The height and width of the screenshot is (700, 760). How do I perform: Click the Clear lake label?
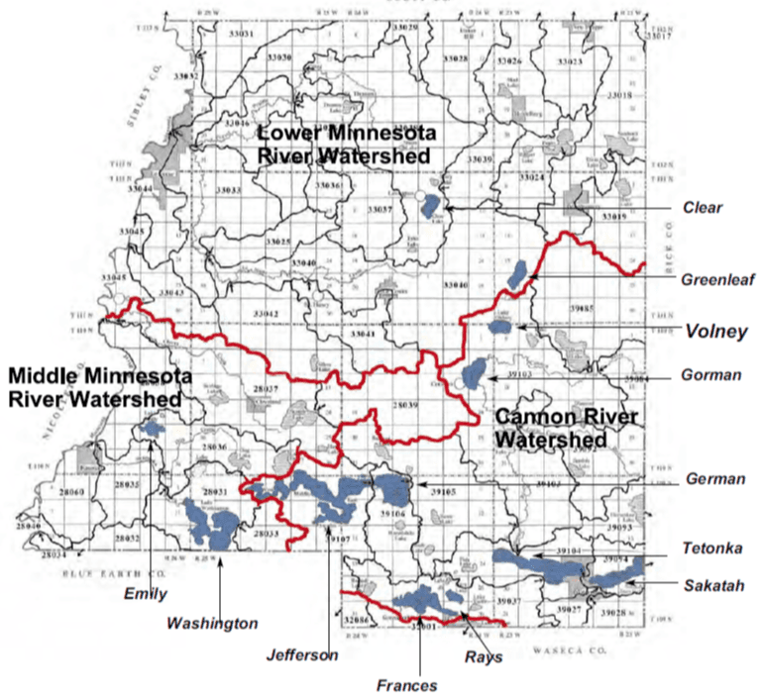click(703, 208)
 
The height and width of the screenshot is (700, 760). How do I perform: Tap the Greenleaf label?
click(711, 280)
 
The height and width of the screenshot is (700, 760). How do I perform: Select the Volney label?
click(715, 333)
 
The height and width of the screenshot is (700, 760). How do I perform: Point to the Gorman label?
click(708, 376)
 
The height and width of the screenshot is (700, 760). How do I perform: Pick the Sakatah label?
click(712, 586)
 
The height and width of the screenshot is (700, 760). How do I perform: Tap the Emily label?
click(146, 594)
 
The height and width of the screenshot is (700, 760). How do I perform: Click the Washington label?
click(212, 624)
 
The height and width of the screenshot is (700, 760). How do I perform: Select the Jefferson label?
click(302, 654)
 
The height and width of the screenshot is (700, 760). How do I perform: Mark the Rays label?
click(485, 655)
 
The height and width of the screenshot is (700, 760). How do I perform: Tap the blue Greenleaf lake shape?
click(517, 275)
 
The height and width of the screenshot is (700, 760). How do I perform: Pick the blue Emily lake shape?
click(153, 429)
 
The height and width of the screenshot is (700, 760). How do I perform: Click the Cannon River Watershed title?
click(552, 427)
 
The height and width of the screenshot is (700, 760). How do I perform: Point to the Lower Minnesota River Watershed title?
click(344, 144)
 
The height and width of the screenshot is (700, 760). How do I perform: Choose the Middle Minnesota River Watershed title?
click(95, 386)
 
